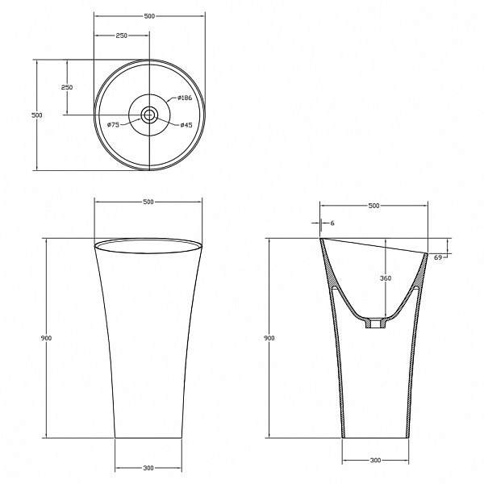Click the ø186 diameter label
(x=185, y=98)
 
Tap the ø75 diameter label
(x=113, y=125)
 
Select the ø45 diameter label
(x=186, y=125)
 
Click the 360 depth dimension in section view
(x=386, y=278)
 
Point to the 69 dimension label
(x=438, y=257)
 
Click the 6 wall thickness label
(x=332, y=223)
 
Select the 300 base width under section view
(x=375, y=461)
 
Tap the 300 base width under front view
(x=148, y=468)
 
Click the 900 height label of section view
(x=269, y=338)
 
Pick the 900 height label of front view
(x=46, y=338)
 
